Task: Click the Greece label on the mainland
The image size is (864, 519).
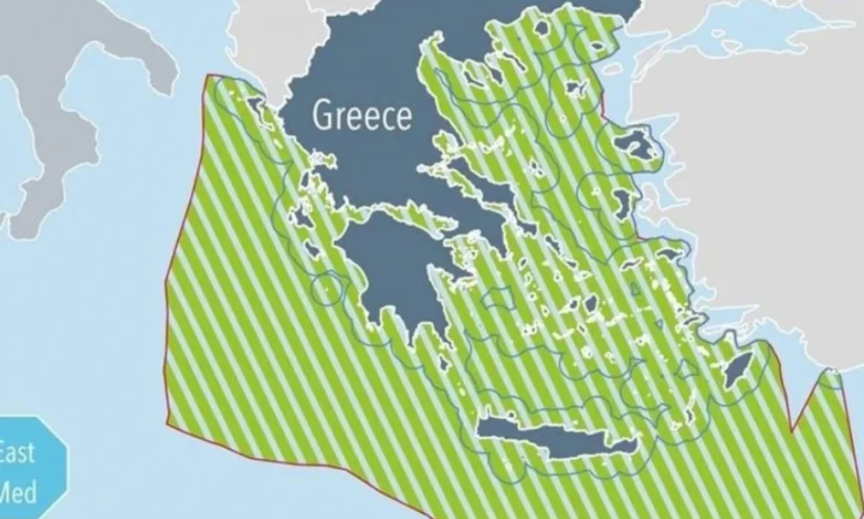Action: click(x=362, y=115)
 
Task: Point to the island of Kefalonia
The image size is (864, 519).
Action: click(x=302, y=216)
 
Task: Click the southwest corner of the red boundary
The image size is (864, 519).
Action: click(x=168, y=425)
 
